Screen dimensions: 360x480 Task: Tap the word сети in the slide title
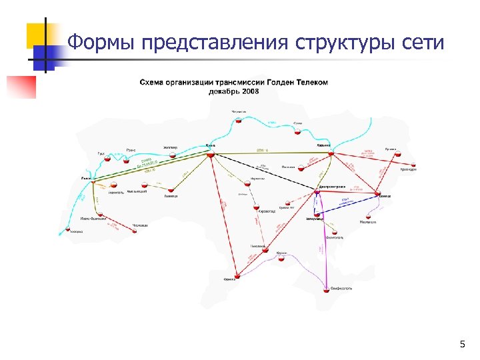[423, 43]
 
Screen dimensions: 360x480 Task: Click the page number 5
[462, 344]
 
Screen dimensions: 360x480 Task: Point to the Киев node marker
[210, 153]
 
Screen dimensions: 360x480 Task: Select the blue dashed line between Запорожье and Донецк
[347, 204]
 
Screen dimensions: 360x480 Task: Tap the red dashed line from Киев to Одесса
[221, 213]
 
